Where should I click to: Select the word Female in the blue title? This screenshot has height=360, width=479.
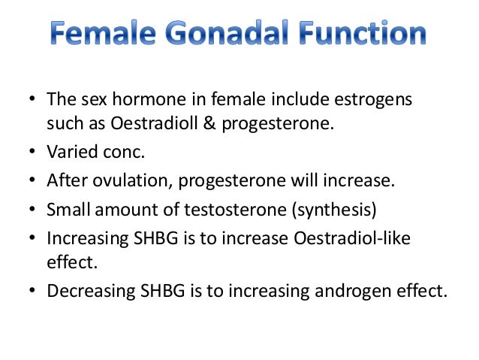pyautogui.click(x=100, y=35)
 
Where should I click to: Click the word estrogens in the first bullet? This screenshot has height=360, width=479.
pyautogui.click(x=378, y=100)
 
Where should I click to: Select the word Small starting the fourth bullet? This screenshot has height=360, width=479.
pyautogui.click(x=67, y=210)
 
